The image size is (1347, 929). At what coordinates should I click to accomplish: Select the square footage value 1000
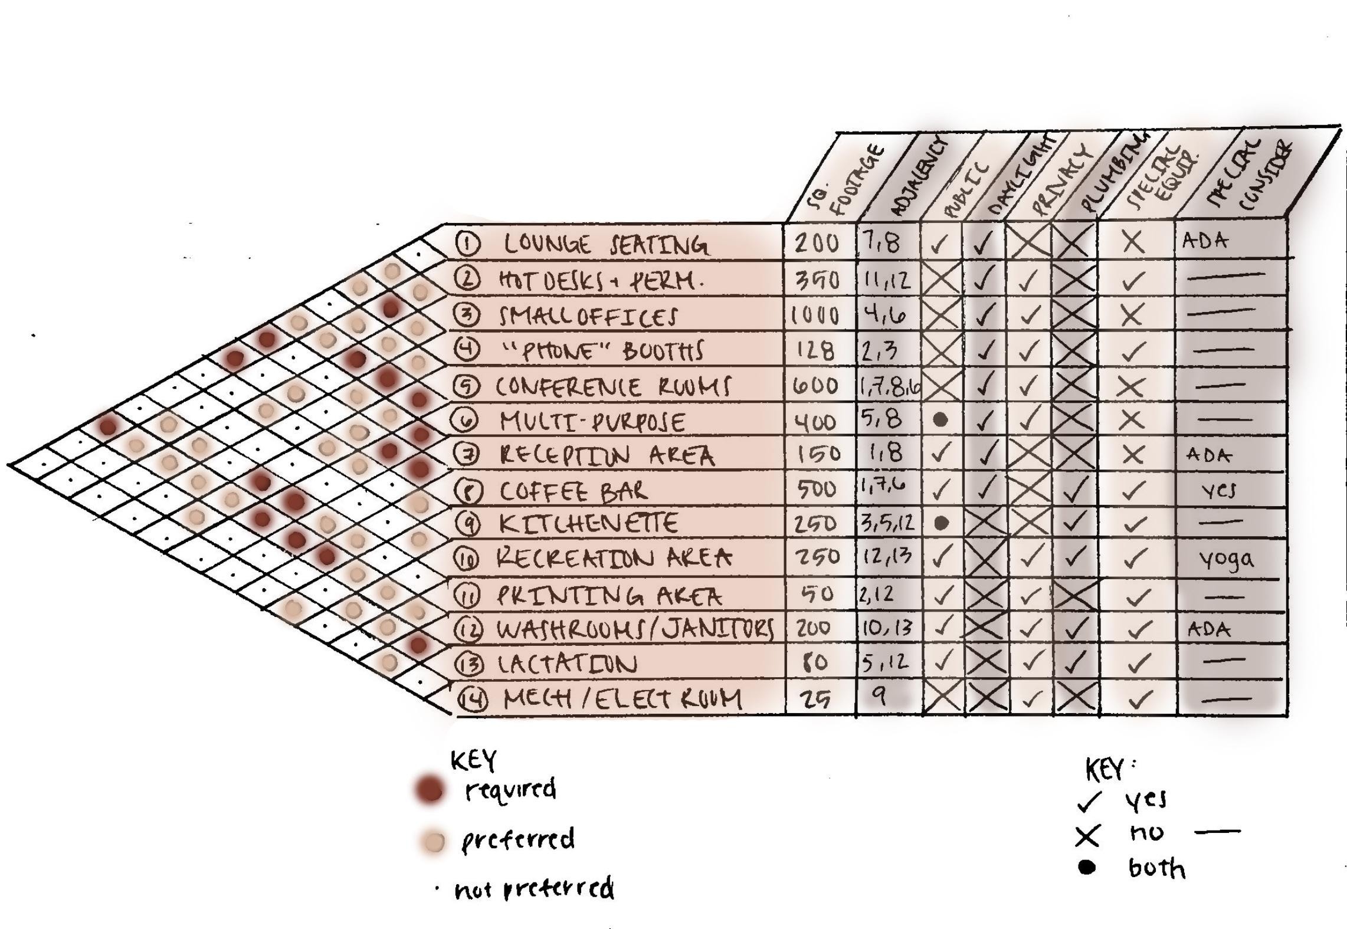coord(815,316)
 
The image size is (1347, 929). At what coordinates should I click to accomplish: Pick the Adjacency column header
coord(917,180)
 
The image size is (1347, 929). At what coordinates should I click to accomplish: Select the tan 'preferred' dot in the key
coord(434,842)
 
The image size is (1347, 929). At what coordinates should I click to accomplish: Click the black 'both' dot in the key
coord(1086,867)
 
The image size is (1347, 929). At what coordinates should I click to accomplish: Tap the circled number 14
coord(473,700)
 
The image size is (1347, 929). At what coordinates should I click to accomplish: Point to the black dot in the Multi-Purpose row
coord(941,419)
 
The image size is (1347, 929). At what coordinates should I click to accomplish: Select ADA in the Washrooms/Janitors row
coord(1209,629)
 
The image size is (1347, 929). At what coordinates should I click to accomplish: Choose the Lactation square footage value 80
coord(815,662)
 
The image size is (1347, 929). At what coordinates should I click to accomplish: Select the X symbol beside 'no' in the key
coord(1087,835)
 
